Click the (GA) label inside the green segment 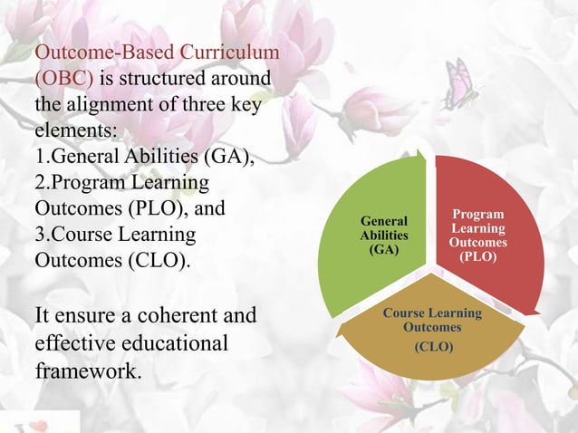[384, 249]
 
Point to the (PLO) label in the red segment [477, 256]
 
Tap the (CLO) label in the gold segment [431, 346]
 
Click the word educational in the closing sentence [174, 344]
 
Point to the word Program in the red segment [478, 215]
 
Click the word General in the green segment [384, 221]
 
